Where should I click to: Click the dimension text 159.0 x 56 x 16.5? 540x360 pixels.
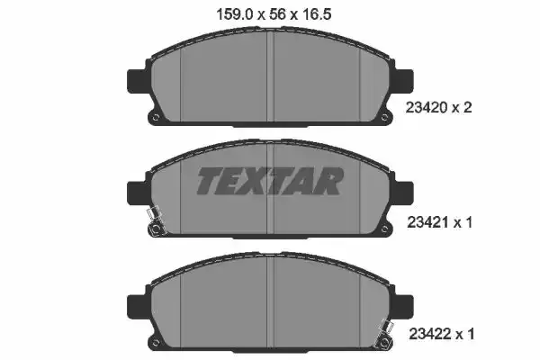coord(274,14)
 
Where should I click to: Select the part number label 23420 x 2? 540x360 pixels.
coord(439,108)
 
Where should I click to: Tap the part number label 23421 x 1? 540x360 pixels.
coord(440,222)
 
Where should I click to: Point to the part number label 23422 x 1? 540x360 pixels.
coord(442,334)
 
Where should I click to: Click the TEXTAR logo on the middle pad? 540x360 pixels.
coord(270,181)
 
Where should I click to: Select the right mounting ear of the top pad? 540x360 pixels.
coord(402,81)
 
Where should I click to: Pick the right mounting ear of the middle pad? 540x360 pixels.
coord(402,193)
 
